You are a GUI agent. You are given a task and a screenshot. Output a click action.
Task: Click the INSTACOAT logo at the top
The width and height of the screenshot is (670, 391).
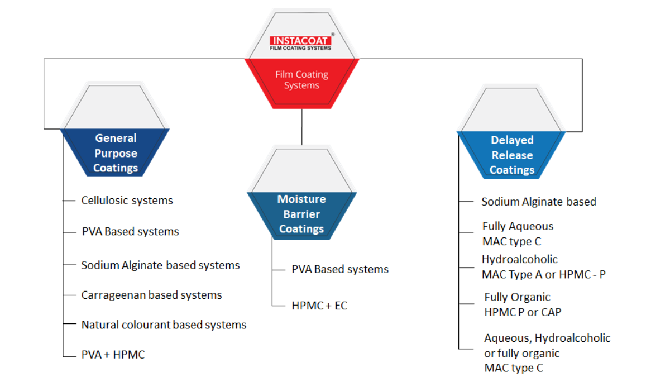300,42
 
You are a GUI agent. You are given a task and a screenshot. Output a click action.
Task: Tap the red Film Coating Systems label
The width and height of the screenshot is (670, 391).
301,80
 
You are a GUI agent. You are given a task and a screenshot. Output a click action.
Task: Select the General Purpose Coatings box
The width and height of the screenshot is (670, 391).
116,153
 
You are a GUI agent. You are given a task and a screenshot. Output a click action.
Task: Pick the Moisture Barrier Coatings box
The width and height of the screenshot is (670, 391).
301,214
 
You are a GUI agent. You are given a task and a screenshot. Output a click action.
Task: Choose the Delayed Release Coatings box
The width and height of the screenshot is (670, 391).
512,155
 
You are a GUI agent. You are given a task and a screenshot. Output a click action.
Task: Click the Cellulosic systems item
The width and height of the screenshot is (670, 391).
127,200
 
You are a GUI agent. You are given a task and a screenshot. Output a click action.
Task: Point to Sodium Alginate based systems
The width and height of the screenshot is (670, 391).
160,265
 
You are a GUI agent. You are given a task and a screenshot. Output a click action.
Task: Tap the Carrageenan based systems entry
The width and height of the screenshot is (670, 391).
151,295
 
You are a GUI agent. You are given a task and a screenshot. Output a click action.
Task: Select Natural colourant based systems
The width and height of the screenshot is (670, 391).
164,325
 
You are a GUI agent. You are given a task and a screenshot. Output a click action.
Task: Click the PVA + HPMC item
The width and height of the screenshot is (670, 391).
113,354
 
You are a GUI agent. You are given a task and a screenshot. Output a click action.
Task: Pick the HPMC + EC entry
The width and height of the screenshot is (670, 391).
319,306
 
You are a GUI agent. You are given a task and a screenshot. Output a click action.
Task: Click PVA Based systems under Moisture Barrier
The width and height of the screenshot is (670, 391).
340,269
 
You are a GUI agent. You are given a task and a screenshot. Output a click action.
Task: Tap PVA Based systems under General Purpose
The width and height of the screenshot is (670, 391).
130,231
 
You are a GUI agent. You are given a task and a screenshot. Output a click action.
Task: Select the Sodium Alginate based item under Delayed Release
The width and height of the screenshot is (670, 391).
539,202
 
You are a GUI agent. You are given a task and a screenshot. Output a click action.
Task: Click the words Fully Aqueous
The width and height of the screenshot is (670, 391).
518,226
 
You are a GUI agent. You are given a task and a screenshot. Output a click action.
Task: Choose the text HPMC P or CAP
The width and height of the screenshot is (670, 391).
523,312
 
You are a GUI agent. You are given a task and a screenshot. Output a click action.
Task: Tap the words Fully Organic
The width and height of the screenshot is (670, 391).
517,297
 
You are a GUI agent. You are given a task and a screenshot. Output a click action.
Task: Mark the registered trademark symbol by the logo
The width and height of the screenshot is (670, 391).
333,34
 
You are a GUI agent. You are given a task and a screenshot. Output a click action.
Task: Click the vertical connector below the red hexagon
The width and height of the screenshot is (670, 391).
301,127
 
